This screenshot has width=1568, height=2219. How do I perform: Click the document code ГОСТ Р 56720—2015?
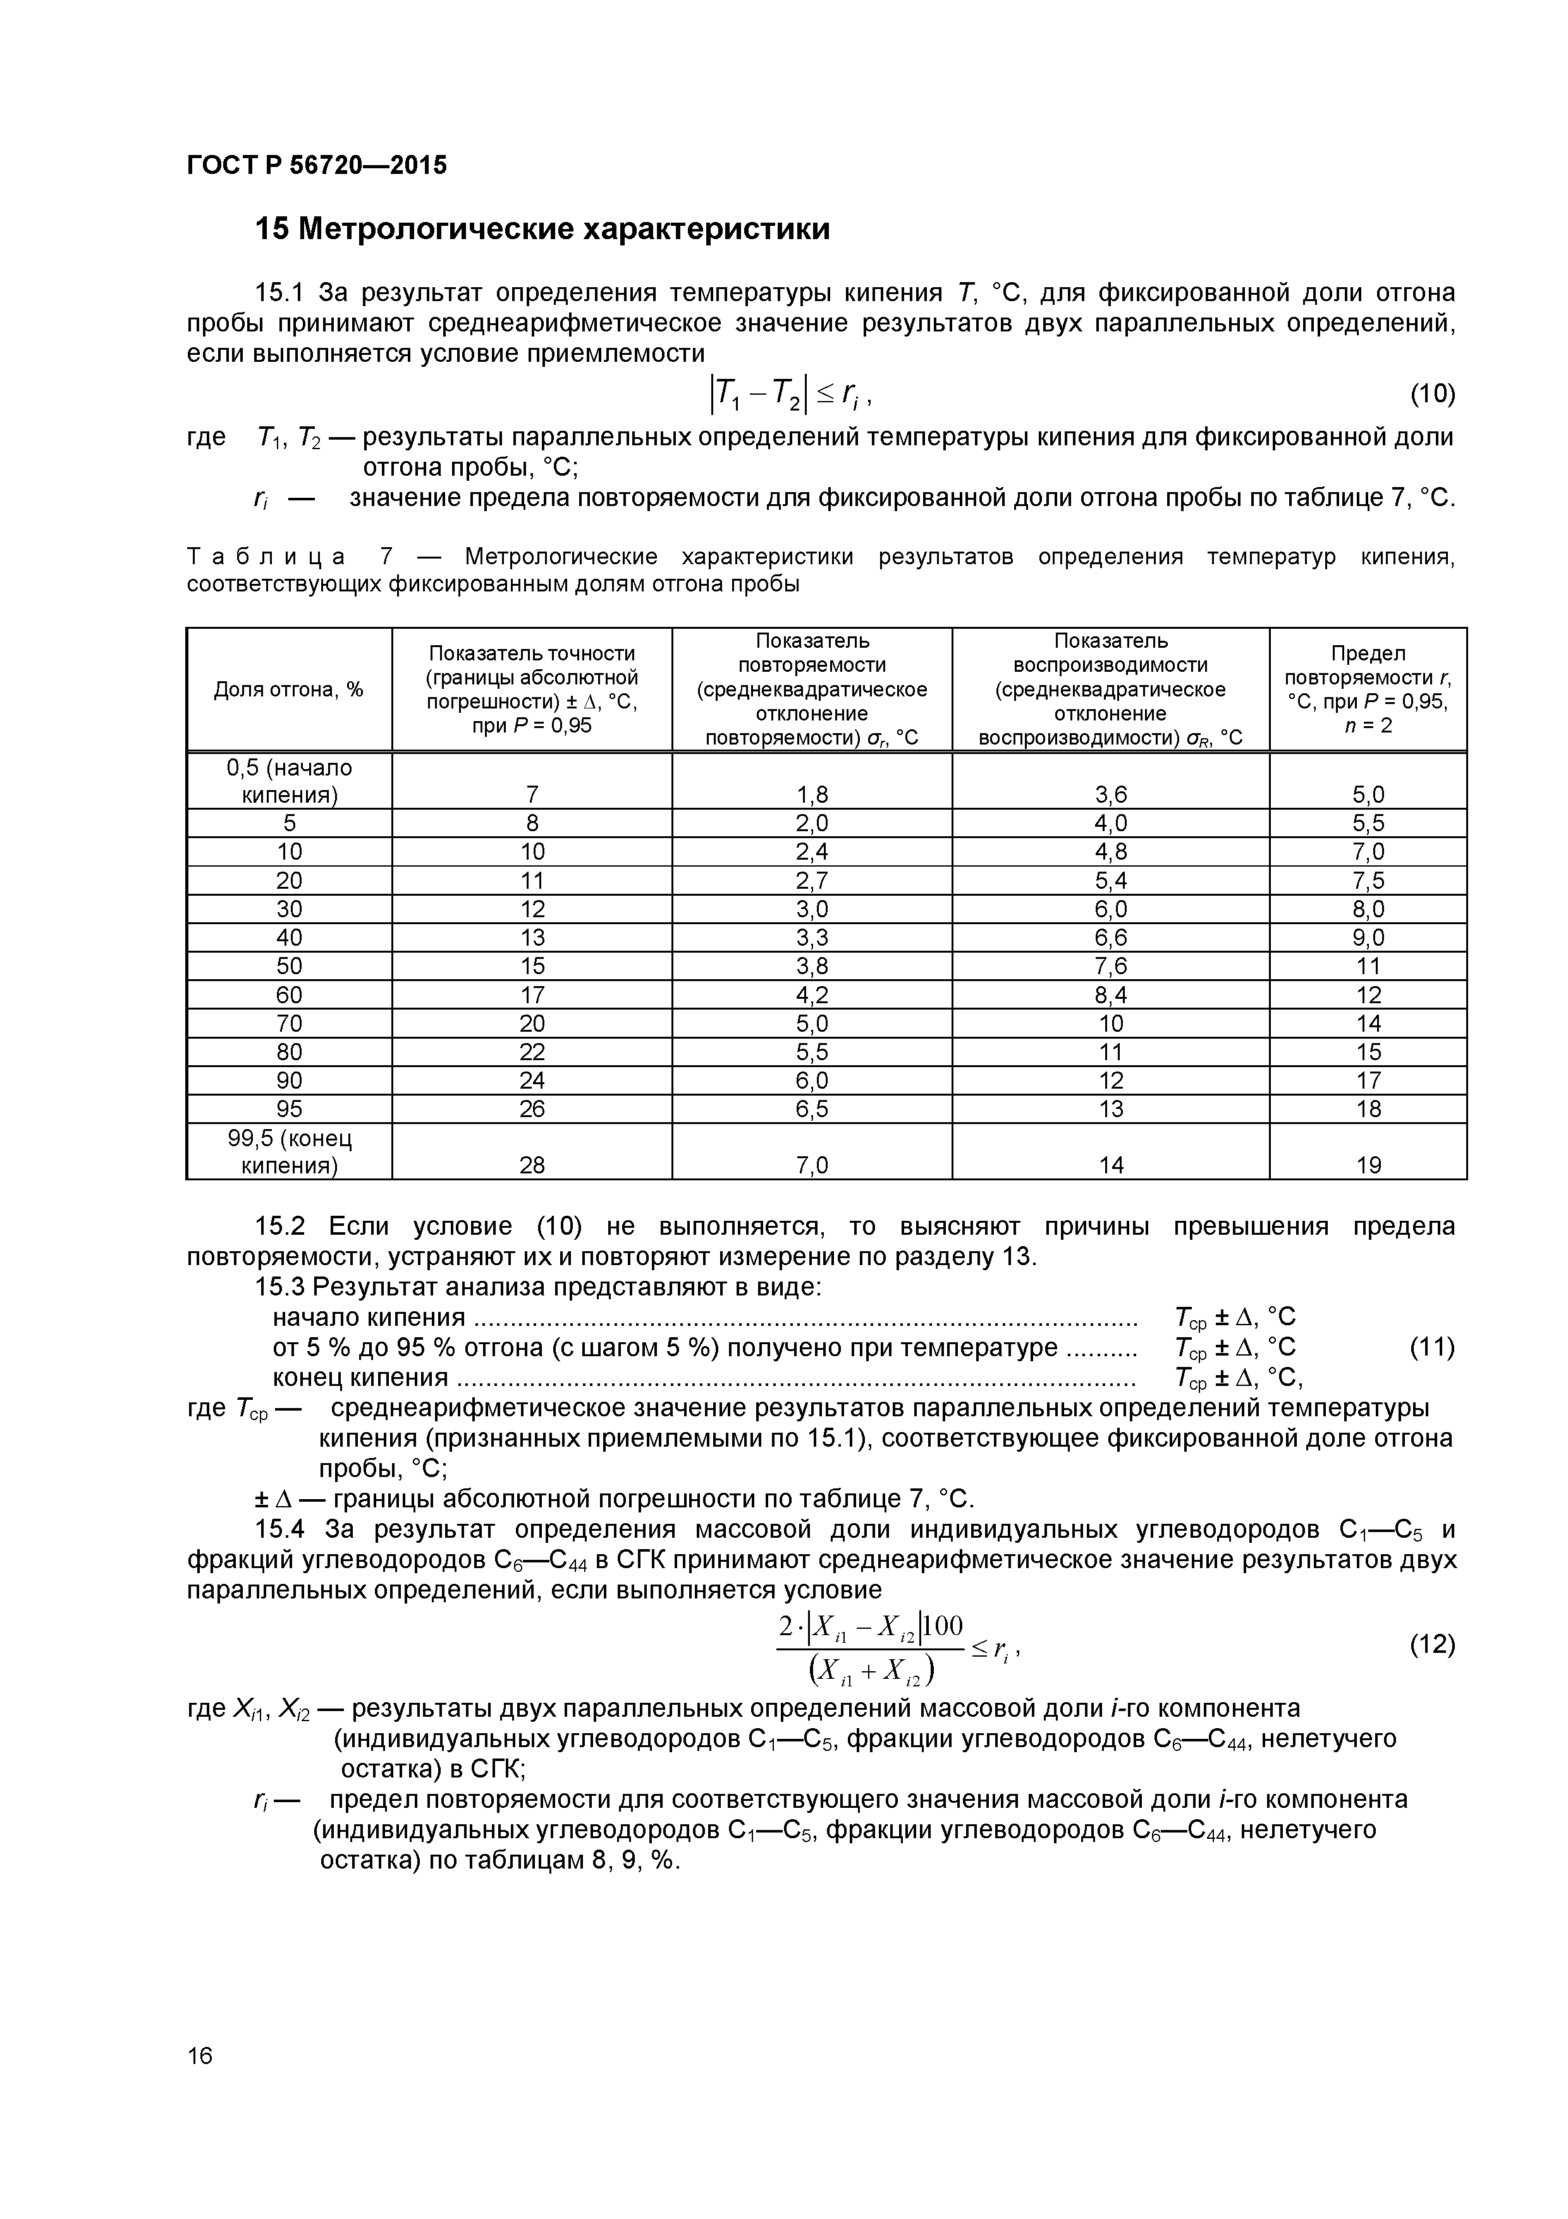tap(317, 165)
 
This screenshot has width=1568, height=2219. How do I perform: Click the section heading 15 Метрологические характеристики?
tap(542, 229)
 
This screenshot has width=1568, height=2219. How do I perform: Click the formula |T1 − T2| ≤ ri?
tap(792, 393)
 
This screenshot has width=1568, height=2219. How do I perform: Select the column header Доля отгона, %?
tap(289, 689)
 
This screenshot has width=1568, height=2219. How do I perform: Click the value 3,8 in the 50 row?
tap(812, 965)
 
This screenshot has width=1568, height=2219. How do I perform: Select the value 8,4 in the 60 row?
tap(1110, 994)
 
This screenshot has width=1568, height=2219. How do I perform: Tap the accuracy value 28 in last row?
tap(531, 1165)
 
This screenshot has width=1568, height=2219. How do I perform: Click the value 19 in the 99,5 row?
tap(1368, 1165)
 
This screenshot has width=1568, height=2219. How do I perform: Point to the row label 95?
tap(289, 1108)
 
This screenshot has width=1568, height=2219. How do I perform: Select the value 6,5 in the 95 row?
tap(812, 1108)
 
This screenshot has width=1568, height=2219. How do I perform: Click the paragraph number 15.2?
tap(279, 1227)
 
